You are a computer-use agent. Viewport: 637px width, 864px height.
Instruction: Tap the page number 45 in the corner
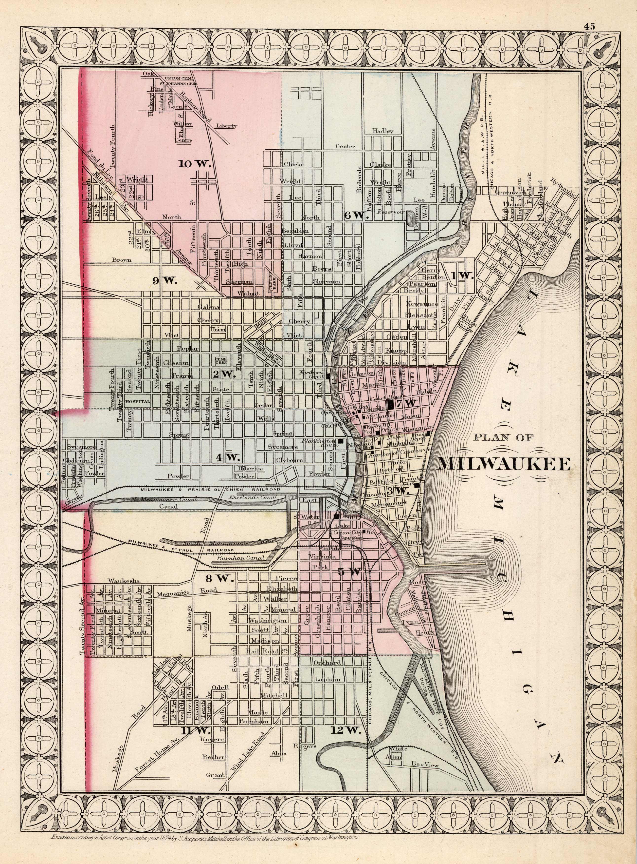tap(589, 26)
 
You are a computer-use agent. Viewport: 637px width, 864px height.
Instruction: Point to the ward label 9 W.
tap(164, 281)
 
